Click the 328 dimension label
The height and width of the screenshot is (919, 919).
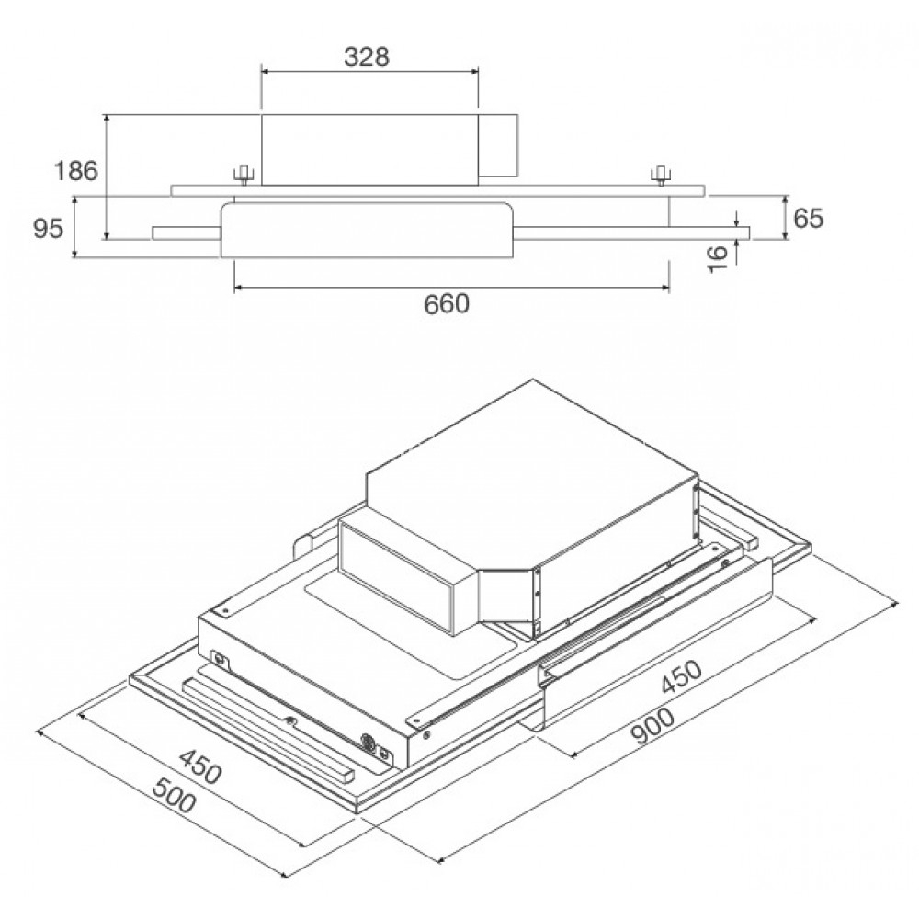point(369,56)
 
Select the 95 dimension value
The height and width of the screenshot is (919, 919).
point(49,229)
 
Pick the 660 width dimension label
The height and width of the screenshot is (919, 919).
point(448,304)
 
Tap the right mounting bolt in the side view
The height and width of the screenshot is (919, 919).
point(659,174)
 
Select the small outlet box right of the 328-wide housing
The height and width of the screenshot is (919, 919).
point(499,145)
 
